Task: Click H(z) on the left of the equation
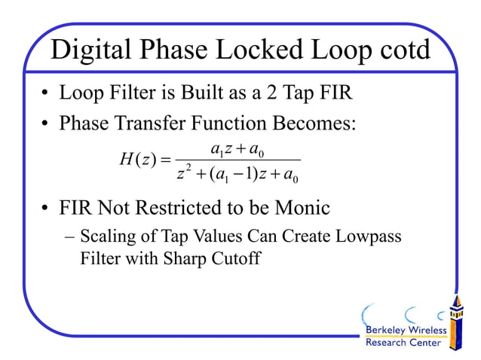[135, 160]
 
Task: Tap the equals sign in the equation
[167, 160]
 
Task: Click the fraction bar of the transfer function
[238, 160]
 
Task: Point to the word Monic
[296, 207]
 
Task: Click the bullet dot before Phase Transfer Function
[46, 124]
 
